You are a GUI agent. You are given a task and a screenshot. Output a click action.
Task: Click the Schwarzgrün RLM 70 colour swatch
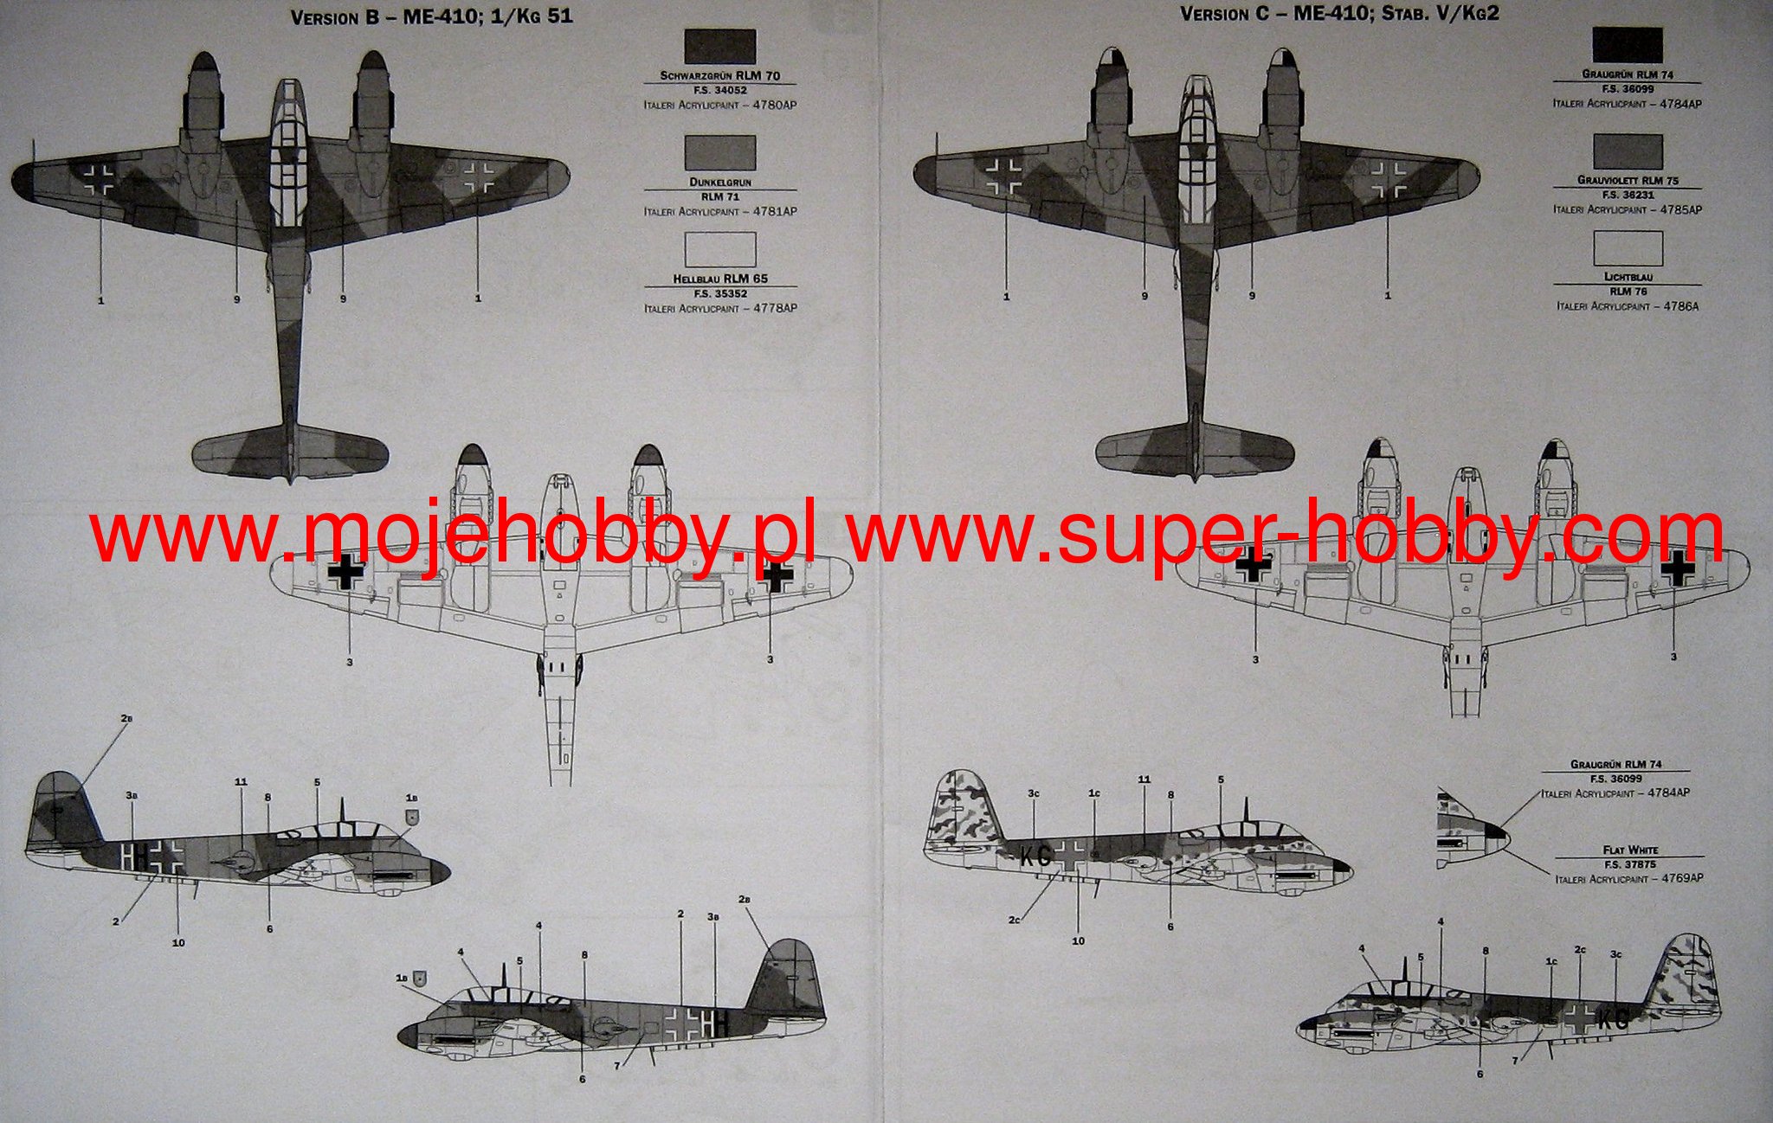tap(719, 47)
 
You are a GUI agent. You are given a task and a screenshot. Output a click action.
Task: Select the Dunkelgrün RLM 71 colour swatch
tap(719, 152)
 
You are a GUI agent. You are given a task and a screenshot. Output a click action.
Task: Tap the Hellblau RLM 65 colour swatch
tap(719, 249)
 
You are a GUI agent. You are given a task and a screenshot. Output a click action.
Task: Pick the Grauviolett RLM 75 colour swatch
tap(1628, 151)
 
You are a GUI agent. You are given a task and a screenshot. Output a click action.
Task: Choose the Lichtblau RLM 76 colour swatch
tap(1628, 248)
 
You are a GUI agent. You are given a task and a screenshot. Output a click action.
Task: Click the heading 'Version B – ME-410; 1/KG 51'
tap(431, 16)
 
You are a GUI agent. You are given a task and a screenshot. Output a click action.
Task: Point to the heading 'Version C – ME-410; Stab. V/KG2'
tap(1339, 15)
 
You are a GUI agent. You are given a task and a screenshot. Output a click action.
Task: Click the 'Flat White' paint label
tap(1629, 850)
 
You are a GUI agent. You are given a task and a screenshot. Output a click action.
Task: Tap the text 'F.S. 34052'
tap(719, 90)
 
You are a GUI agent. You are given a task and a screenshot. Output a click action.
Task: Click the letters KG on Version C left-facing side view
tap(1035, 857)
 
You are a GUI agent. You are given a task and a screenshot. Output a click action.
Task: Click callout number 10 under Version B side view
tap(178, 942)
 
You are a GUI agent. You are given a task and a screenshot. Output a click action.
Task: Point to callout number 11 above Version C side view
tap(1144, 780)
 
